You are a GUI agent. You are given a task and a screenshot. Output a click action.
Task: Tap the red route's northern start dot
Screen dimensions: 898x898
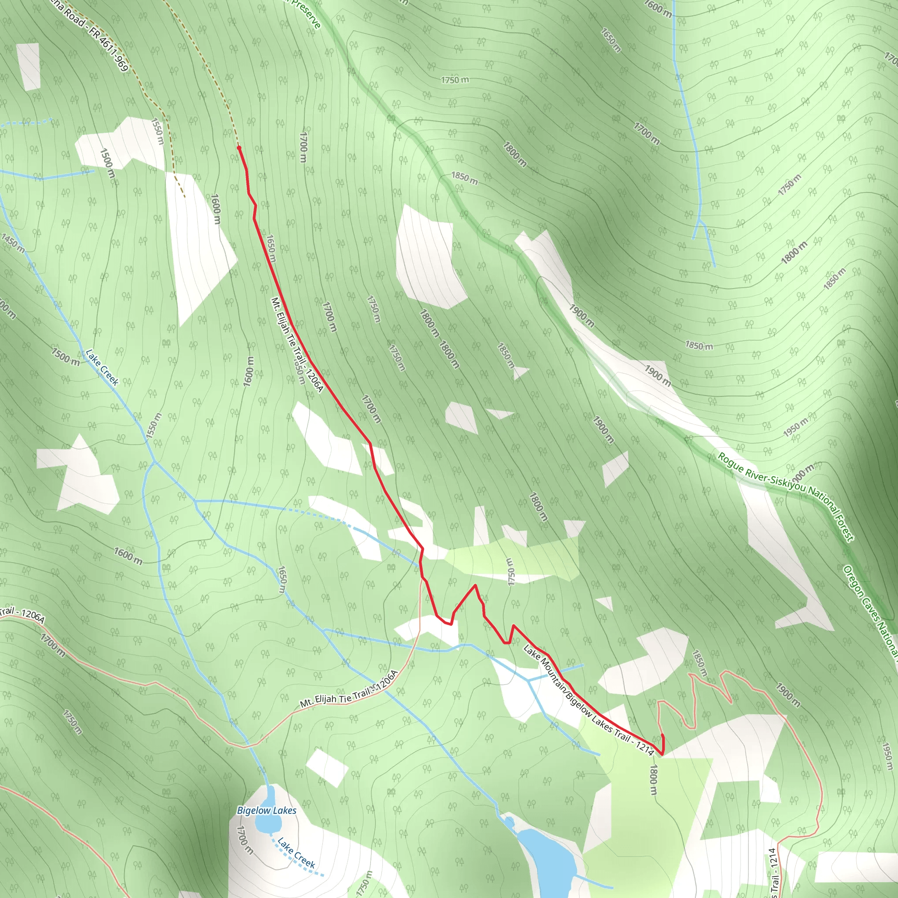239,148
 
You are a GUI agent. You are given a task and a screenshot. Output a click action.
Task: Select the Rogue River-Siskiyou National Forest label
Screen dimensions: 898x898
785,497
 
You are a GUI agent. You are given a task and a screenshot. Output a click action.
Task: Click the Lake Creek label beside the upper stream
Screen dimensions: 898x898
102,367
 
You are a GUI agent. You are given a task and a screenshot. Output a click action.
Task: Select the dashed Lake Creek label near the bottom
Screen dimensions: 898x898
296,853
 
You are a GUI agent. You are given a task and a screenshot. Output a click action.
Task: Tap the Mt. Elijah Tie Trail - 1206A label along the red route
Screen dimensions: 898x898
296,345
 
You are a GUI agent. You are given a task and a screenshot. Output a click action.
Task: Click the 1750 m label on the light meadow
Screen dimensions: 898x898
510,572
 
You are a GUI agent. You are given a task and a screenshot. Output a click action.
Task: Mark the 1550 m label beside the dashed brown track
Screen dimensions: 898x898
157,131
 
